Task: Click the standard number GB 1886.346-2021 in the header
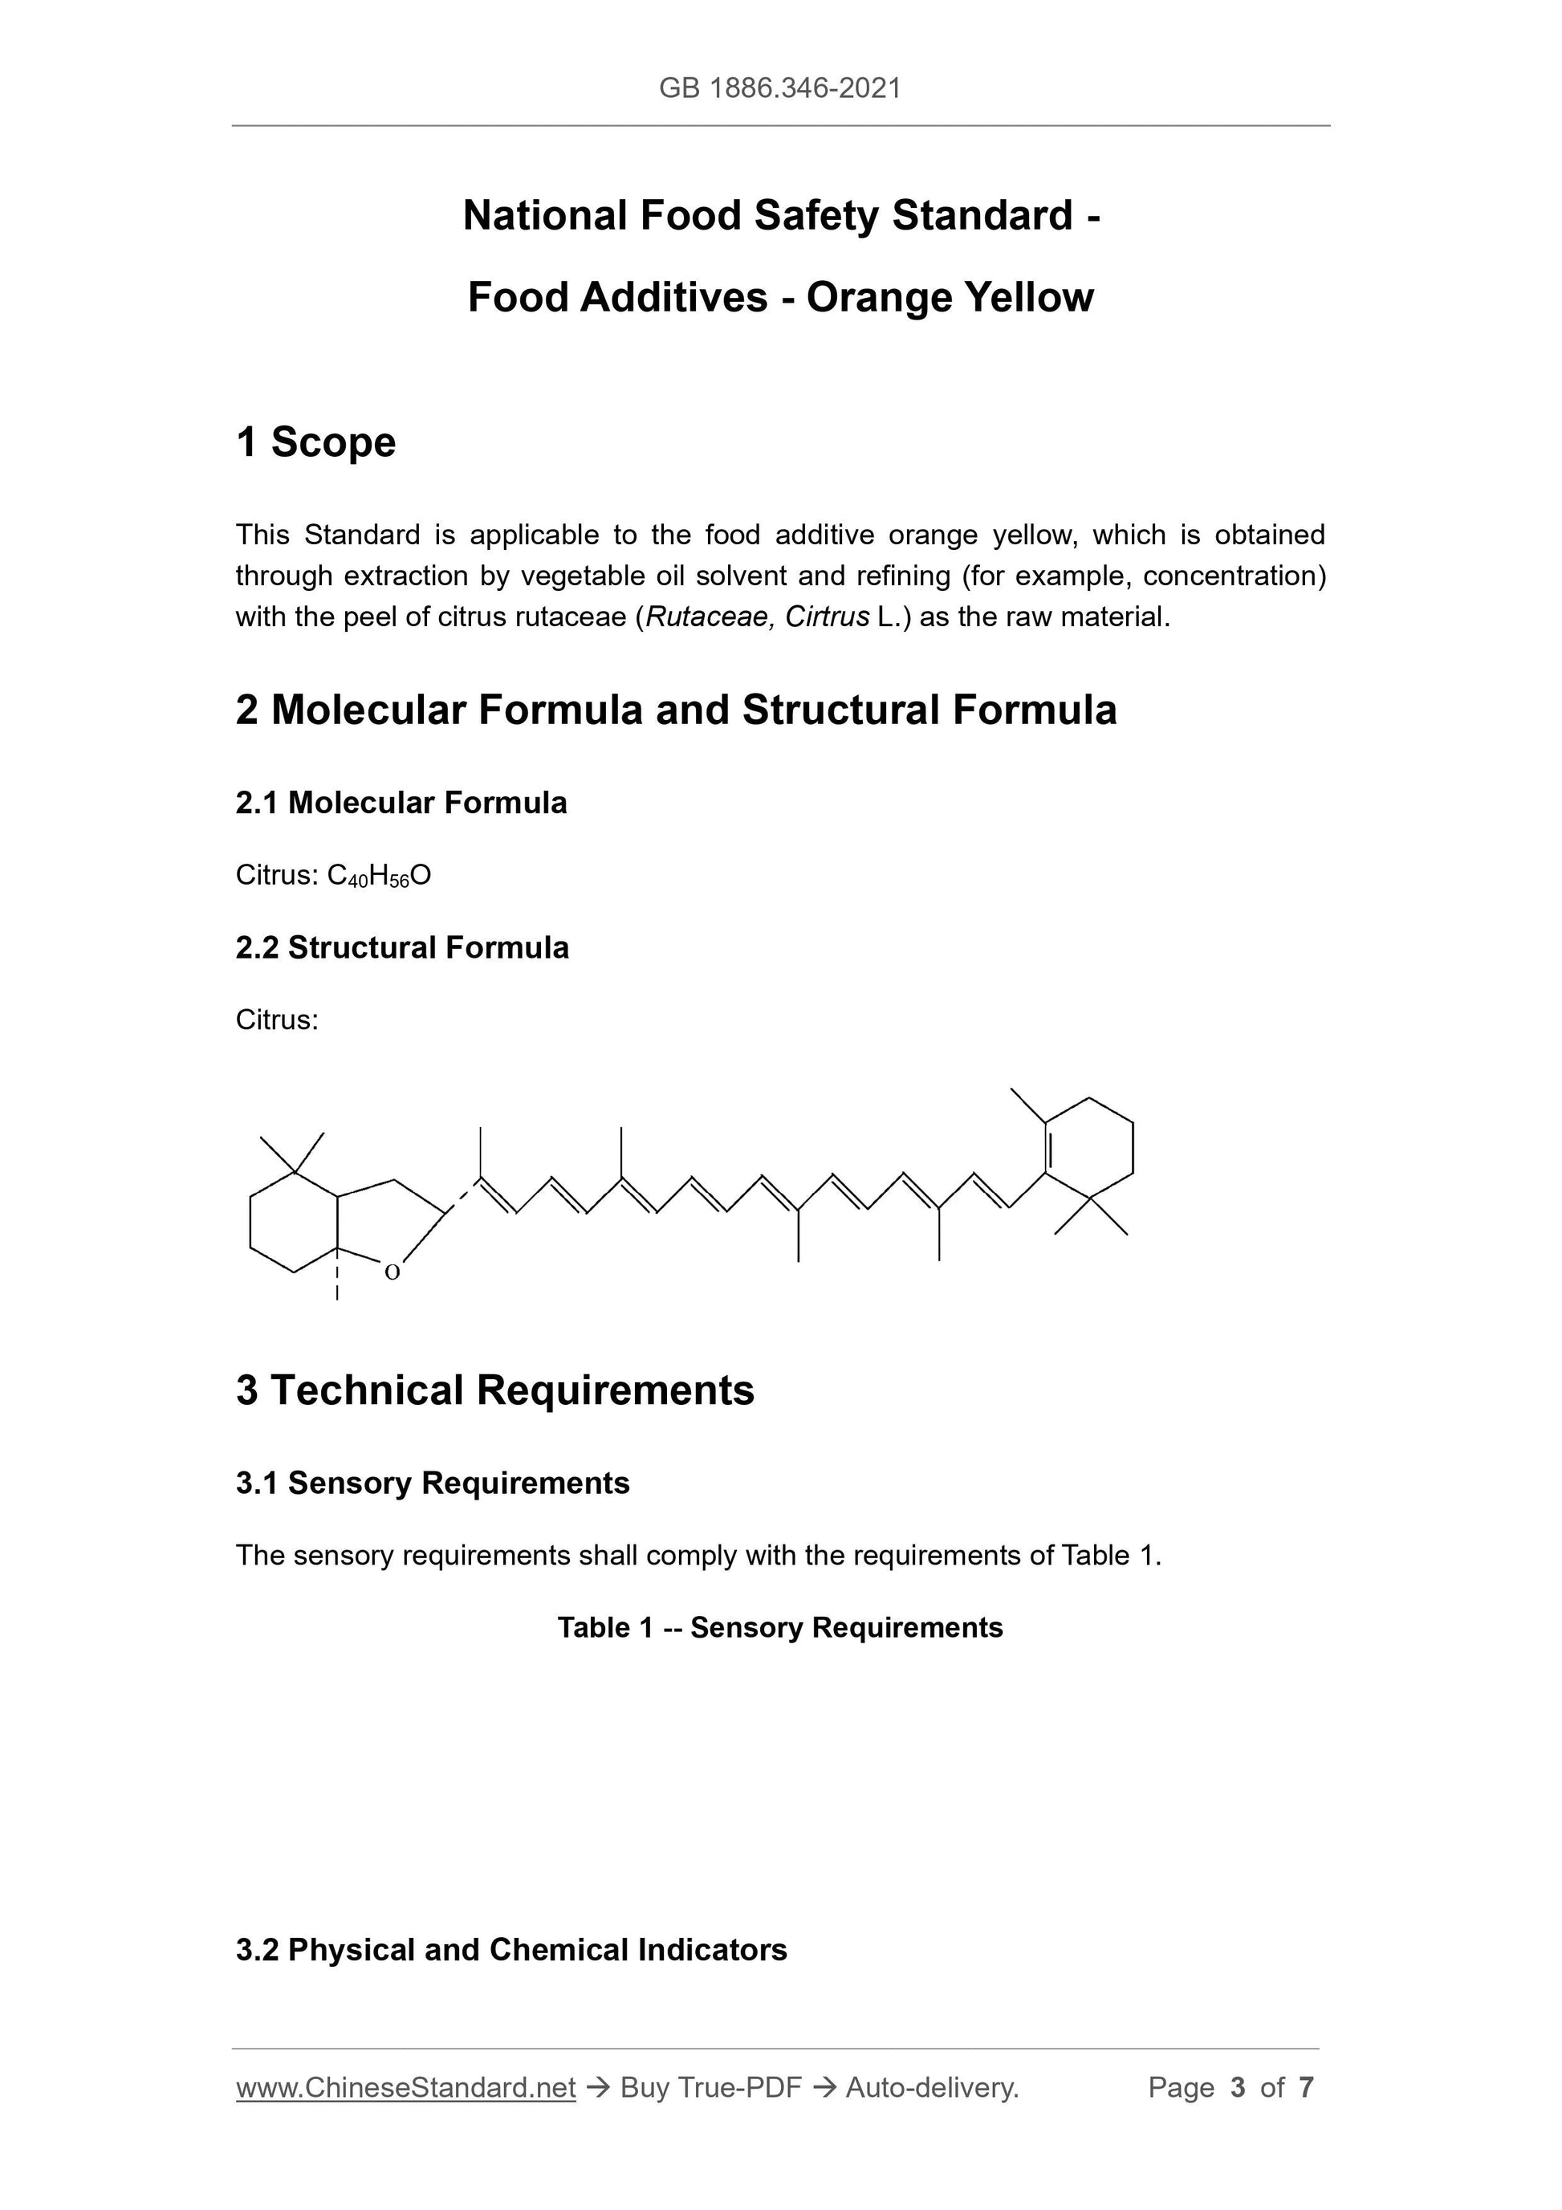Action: (779, 88)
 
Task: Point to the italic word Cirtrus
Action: (827, 617)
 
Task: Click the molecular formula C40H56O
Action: (379, 875)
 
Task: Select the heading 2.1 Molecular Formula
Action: (401, 802)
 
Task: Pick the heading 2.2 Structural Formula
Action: (402, 947)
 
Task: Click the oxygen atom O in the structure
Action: (392, 1272)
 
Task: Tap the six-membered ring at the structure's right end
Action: (1089, 1148)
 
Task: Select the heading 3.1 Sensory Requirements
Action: (432, 1483)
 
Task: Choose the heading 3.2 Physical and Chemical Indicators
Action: (511, 1949)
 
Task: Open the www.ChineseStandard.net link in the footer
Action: (405, 2087)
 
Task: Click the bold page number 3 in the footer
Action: (1238, 2087)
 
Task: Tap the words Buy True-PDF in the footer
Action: (710, 2087)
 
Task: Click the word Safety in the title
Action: (816, 216)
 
